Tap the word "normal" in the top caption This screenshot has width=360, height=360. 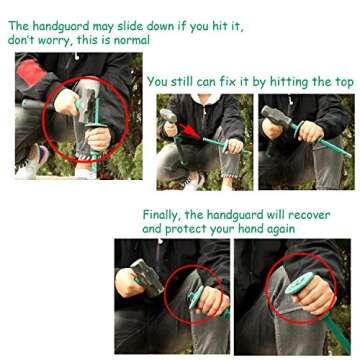132,40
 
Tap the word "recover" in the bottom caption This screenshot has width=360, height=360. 309,215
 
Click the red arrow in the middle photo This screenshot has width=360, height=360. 191,131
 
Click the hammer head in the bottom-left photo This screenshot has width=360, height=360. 148,277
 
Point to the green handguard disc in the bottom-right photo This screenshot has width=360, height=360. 299,283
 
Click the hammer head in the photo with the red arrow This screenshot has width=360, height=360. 168,116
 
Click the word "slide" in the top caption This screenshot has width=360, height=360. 131,26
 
